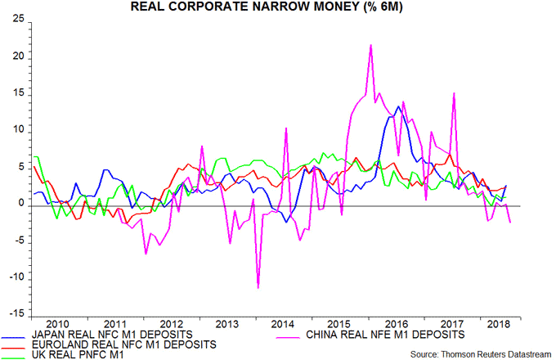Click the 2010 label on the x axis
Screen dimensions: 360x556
58,323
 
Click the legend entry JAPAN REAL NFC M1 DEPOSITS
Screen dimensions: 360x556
111,334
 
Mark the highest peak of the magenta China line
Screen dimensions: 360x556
371,45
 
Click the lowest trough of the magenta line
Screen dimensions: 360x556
258,288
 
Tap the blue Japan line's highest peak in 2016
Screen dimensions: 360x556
398,106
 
